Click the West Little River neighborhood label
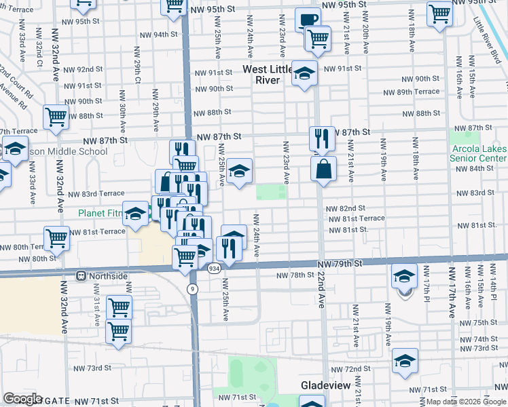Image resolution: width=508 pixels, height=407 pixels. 266,75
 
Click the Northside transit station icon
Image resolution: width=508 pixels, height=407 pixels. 81,276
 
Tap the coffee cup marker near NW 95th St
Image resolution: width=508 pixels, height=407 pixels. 308,20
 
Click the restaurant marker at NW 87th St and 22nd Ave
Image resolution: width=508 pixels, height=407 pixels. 320,138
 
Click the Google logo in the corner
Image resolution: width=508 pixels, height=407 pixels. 22,399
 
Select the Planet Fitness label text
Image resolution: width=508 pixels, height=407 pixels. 101,212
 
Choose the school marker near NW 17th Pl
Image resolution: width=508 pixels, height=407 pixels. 403,277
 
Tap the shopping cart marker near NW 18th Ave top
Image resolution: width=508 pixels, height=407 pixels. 439,12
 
